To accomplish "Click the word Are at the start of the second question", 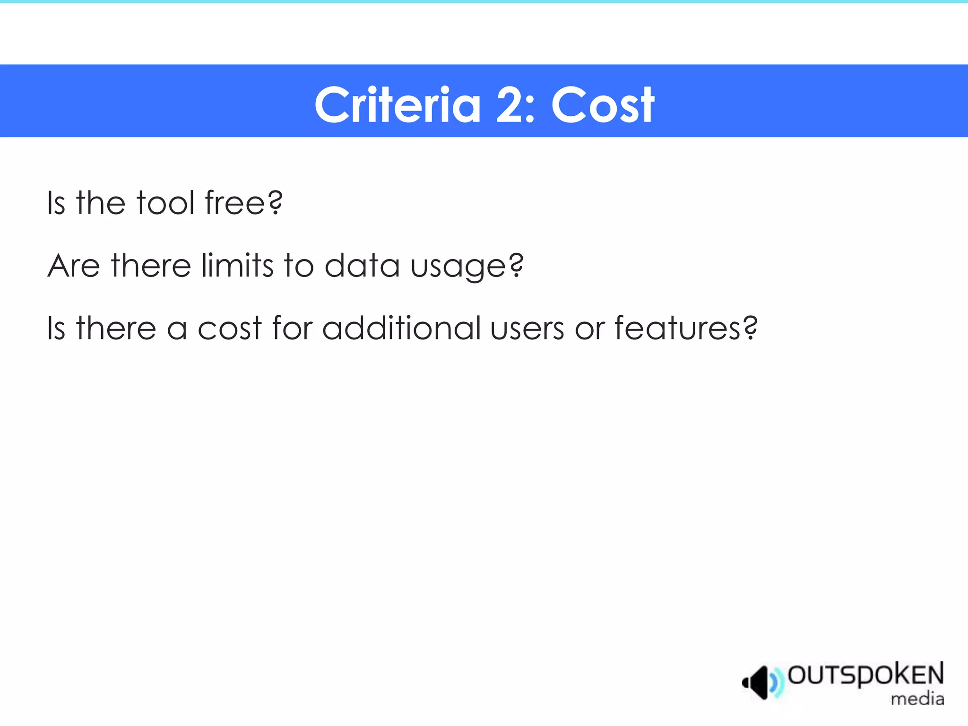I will (74, 266).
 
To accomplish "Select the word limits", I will (237, 266).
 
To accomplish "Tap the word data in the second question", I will (362, 266).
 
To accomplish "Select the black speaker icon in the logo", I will (757, 682).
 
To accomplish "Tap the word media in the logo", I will (917, 699).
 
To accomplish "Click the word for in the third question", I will (292, 328).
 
